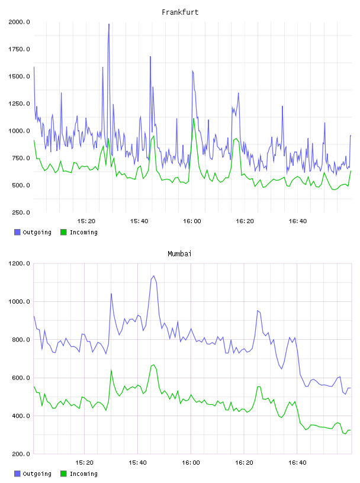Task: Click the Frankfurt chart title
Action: pos(180,12)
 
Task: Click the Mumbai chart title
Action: pos(179,254)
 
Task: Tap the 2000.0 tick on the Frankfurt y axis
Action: pos(19,22)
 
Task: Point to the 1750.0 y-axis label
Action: pos(19,49)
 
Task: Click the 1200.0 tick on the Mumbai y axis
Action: pos(19,263)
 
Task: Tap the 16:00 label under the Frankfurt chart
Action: pos(192,221)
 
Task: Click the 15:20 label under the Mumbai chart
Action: pos(84,463)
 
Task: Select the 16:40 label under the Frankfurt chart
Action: pos(298,221)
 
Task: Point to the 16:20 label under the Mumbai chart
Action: pos(244,463)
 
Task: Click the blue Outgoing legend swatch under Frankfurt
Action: pos(17,232)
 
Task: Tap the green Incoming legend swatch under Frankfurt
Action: pos(63,232)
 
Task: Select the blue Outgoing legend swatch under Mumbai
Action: pos(17,474)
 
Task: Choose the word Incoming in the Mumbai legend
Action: pos(83,474)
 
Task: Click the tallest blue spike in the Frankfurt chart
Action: pos(109,24)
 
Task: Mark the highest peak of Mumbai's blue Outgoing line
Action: pos(154,276)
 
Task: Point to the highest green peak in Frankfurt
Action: pos(194,119)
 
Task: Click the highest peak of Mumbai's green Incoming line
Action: pos(153,365)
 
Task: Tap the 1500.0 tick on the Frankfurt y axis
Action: pos(19,76)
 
